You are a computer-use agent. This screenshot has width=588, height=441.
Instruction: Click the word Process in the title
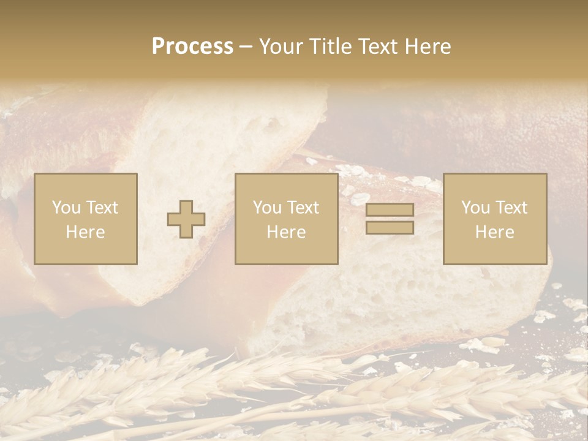tap(192, 47)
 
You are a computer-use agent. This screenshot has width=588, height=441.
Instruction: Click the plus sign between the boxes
tap(186, 219)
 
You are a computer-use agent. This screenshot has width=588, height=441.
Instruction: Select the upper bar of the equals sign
tap(390, 210)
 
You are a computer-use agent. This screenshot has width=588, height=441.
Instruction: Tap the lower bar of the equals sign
tap(390, 227)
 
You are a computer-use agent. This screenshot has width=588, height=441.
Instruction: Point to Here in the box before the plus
tap(85, 232)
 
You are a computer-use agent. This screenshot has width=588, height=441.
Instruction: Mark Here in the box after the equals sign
tap(495, 232)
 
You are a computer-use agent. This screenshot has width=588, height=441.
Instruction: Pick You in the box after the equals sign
tap(475, 208)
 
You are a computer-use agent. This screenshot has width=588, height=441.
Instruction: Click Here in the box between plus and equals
tap(286, 232)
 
